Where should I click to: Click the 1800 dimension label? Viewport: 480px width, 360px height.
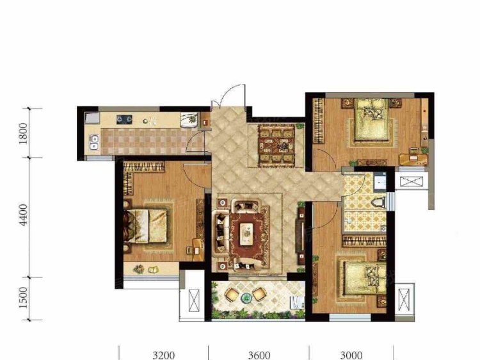[x=23, y=133]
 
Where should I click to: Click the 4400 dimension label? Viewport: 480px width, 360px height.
[x=23, y=215]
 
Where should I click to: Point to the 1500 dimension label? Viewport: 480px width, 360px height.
[x=23, y=298]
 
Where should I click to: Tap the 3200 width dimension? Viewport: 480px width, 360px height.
[x=164, y=356]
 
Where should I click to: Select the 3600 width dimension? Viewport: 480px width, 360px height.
[x=259, y=356]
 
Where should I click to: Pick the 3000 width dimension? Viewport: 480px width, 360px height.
[x=351, y=356]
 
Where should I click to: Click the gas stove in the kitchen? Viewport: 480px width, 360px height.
[x=124, y=120]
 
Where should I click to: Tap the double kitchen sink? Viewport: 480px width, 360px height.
[x=94, y=142]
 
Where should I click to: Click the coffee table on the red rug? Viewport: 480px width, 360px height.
[x=246, y=234]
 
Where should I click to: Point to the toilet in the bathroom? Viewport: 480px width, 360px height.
[x=379, y=203]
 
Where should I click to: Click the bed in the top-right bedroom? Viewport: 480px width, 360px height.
[x=372, y=120]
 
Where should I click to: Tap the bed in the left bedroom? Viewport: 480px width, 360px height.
[x=146, y=226]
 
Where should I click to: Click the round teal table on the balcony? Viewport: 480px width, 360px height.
[x=246, y=297]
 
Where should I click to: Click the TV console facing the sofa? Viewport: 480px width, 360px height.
[x=301, y=233]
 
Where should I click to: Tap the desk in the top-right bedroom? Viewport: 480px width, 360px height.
[x=413, y=158]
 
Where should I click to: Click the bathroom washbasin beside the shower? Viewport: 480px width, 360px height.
[x=383, y=228]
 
